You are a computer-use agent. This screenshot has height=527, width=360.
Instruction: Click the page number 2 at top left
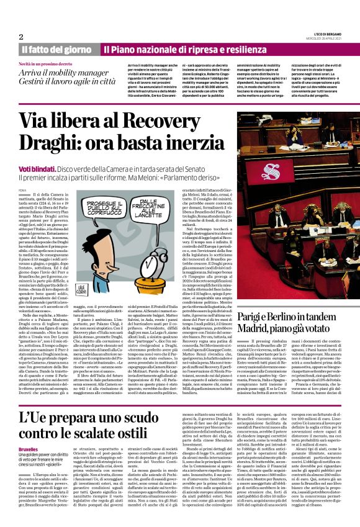(x=21, y=37)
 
